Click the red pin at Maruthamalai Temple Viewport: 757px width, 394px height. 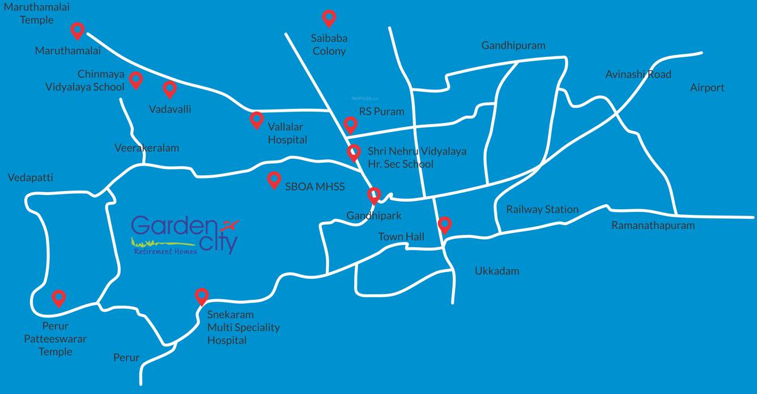click(78, 30)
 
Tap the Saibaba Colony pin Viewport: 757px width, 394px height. click(329, 18)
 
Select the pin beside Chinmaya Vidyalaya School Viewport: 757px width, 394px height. click(135, 79)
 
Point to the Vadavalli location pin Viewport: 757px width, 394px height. click(169, 88)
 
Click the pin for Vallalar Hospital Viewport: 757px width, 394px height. click(257, 119)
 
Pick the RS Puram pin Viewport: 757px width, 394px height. click(350, 124)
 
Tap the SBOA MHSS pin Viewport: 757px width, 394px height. click(274, 179)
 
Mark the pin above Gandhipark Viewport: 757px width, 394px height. click(373, 195)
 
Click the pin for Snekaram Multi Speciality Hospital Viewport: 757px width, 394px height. click(202, 296)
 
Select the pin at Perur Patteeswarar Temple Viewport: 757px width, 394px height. click(58, 298)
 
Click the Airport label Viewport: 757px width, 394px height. click(707, 87)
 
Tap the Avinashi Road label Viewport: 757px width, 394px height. click(638, 74)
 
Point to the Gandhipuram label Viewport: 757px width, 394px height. click(513, 45)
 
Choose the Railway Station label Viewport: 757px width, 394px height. click(542, 209)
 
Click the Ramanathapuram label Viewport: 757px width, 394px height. click(653, 225)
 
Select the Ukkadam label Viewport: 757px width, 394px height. click(496, 271)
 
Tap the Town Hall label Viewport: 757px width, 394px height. click(401, 236)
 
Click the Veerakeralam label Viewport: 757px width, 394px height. click(146, 148)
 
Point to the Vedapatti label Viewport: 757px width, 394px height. click(30, 178)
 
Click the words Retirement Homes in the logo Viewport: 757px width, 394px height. click(165, 251)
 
